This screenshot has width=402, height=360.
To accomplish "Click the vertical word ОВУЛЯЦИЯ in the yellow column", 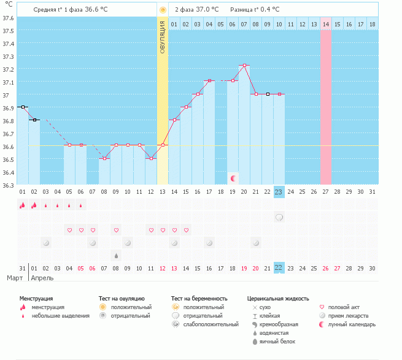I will (x=163, y=37).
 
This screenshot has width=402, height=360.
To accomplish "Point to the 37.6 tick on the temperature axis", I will (x=9, y=18).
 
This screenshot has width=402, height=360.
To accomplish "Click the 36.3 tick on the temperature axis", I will (x=9, y=185).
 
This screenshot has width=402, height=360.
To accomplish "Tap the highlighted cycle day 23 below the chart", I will (x=279, y=191).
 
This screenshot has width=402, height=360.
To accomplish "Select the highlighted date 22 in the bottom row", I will (x=279, y=268).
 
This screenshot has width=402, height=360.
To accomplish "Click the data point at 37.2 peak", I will (x=244, y=65).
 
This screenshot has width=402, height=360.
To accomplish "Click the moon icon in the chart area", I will (x=233, y=178).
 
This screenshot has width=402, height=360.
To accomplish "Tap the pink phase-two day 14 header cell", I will (x=325, y=24).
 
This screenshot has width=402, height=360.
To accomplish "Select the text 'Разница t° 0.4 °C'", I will (x=255, y=10).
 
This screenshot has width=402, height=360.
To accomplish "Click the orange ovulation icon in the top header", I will (x=163, y=10).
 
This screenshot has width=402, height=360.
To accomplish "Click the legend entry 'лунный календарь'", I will (x=352, y=324).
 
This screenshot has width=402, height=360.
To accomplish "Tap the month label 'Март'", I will (x=15, y=278).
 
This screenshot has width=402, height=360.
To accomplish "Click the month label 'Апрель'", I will (x=42, y=278).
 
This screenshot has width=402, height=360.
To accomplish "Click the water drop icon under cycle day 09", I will (x=116, y=255).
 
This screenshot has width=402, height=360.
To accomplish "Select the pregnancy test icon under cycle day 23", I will (x=279, y=217).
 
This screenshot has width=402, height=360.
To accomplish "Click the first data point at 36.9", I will (x=23, y=107).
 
